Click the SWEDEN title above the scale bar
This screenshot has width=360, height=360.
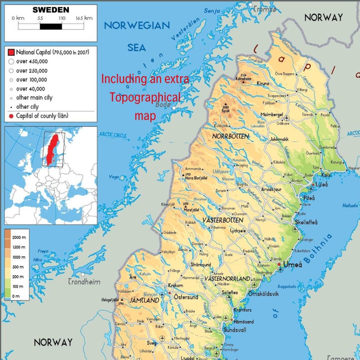[51, 10]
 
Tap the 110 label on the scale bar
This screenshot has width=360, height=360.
[62, 18]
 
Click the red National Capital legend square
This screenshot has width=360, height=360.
[11, 53]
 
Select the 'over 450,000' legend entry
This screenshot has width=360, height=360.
[32, 61]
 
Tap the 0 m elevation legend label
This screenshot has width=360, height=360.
[16, 296]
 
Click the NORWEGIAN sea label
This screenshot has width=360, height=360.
[136, 25]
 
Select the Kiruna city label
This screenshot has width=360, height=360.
[263, 83]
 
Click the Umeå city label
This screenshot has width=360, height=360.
[292, 265]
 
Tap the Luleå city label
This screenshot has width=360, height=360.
[322, 185]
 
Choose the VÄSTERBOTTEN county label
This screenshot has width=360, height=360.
[222, 220]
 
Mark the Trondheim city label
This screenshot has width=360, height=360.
[84, 282]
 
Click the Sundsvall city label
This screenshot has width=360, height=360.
[234, 330]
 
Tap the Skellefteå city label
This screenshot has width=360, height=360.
[306, 222]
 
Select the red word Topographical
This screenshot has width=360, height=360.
[146, 97]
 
